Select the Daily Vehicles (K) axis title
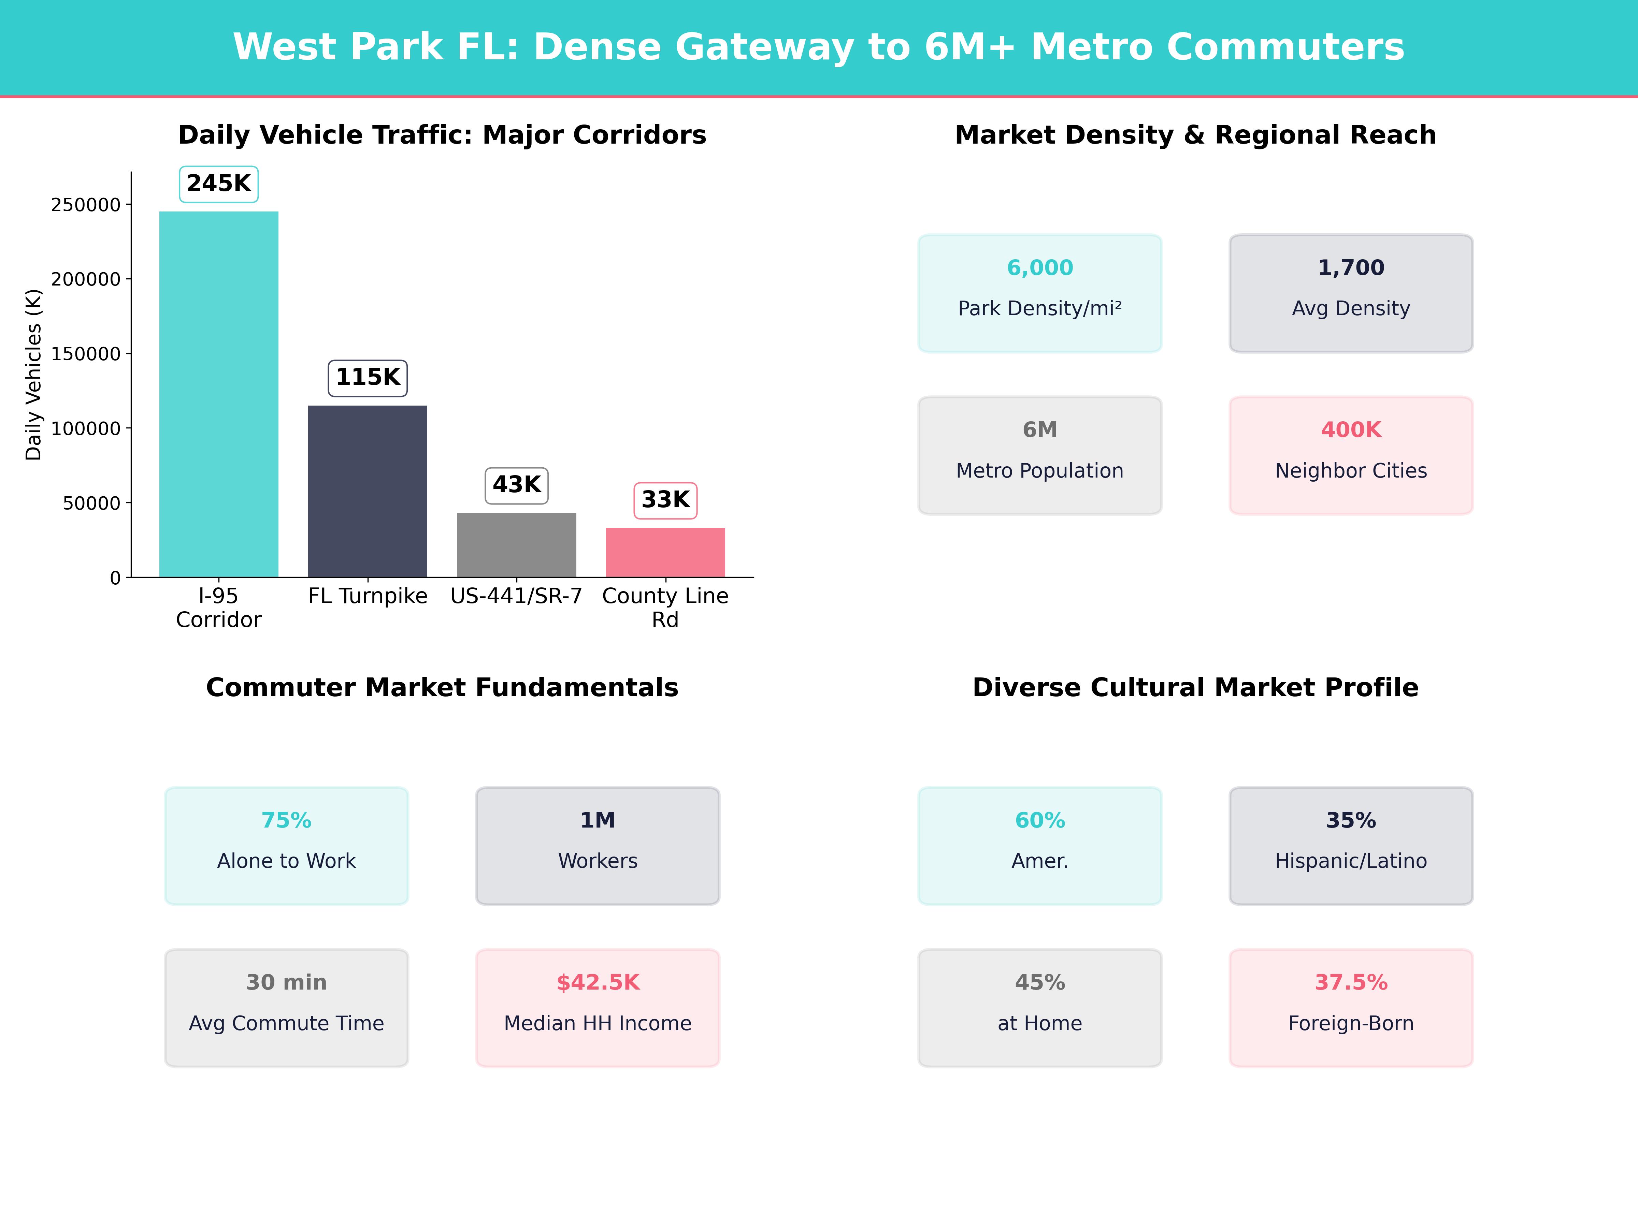pyautogui.click(x=33, y=375)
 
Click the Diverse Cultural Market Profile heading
pyautogui.click(x=1195, y=688)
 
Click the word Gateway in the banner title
pyautogui.click(x=764, y=47)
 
